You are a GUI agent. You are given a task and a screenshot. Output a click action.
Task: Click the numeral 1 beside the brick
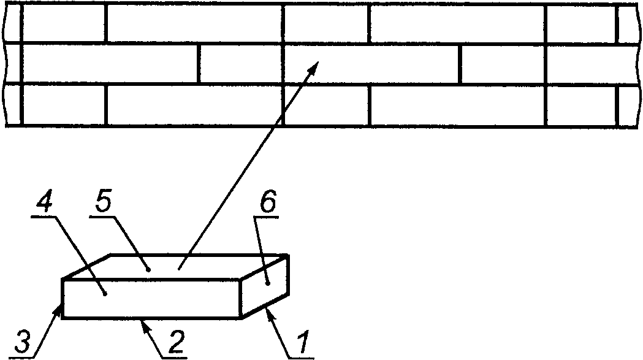(302, 342)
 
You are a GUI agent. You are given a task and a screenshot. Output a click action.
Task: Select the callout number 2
(173, 342)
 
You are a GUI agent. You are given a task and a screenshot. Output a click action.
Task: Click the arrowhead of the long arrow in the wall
(316, 64)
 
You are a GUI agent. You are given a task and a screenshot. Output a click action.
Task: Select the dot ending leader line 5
(148, 268)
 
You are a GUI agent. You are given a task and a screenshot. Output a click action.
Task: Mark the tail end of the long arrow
(179, 268)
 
